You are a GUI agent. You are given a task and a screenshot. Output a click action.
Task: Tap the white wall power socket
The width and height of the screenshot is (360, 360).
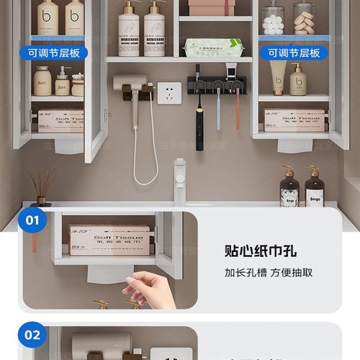tap(169, 93)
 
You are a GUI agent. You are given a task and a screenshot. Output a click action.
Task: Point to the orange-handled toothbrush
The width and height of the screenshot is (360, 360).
tap(237, 112)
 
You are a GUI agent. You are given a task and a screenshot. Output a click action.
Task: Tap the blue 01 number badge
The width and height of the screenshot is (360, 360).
tap(32, 220)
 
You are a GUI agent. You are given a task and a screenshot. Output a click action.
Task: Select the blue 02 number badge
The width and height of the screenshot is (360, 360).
tap(32, 335)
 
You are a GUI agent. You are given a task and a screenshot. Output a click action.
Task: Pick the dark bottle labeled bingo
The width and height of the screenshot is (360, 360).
tap(314, 189)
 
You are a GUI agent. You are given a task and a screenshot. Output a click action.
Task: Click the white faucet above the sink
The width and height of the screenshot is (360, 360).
tap(179, 181)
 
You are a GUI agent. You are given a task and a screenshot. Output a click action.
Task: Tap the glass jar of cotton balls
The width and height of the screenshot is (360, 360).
tap(274, 19)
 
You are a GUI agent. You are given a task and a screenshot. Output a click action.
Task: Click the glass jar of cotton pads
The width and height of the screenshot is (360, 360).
tap(304, 19)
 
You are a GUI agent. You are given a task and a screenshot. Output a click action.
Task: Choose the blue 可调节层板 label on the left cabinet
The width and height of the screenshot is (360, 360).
tap(53, 53)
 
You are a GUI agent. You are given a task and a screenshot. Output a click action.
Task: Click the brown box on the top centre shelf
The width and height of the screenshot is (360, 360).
tap(212, 8)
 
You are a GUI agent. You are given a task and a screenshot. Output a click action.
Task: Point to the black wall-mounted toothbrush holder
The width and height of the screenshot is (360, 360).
tap(217, 86)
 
